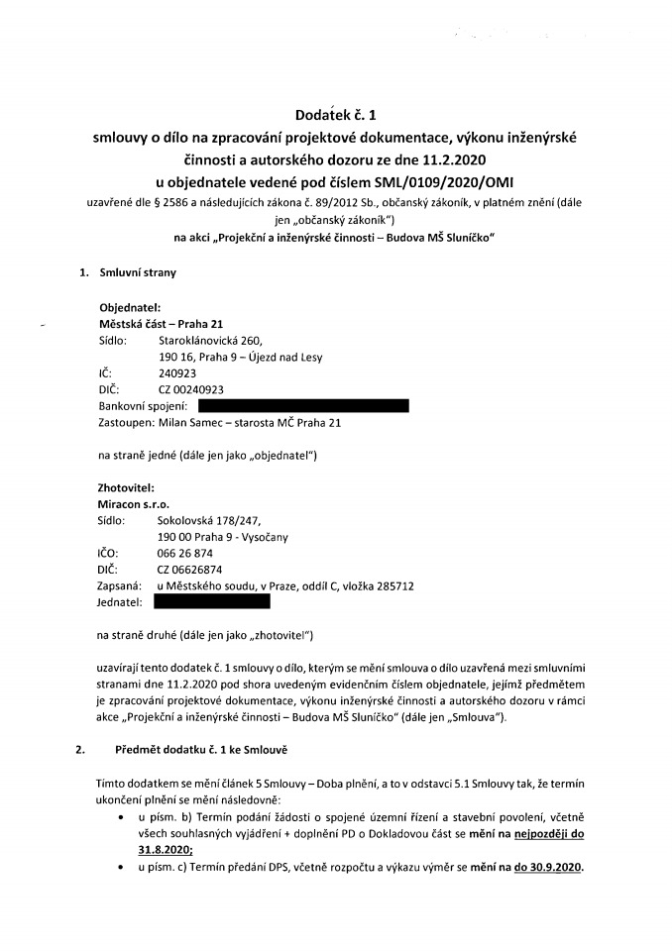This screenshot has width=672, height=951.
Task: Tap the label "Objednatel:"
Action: coord(130,307)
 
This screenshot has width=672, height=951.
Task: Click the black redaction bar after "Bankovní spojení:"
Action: coord(303,406)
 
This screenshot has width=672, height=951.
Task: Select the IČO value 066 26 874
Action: coord(185,553)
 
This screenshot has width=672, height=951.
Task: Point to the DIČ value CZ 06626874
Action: coord(188,570)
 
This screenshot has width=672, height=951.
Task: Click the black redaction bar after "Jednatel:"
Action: coord(212,601)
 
